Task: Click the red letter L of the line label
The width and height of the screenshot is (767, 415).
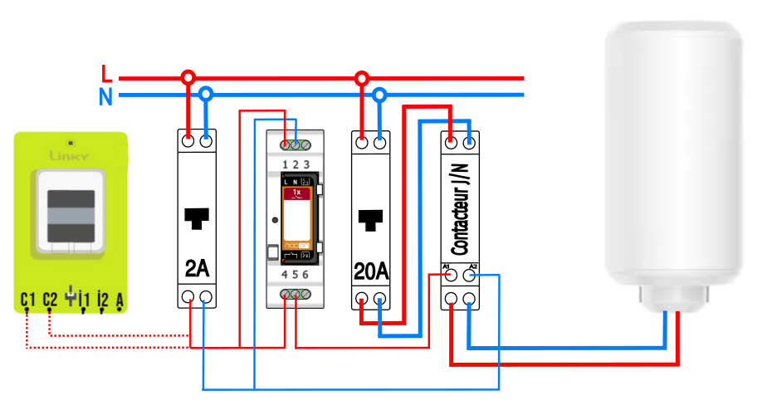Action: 105,73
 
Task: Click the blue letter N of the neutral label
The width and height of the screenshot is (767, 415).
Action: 105,97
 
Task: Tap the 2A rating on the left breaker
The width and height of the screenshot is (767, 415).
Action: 197,268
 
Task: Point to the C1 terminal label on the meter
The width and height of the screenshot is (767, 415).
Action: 28,298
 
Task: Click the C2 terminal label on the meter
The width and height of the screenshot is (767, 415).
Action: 50,298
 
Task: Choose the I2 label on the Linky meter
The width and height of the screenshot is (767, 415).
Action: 103,299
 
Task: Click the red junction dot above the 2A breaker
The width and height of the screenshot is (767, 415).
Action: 188,78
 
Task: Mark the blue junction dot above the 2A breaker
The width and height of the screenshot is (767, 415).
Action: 206,95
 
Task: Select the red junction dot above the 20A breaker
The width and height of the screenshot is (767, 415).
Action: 361,78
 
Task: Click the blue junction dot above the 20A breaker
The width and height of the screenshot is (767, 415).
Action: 379,95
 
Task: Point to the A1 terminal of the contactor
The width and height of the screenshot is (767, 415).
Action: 452,273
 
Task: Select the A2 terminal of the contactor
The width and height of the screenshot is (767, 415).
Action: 470,273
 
